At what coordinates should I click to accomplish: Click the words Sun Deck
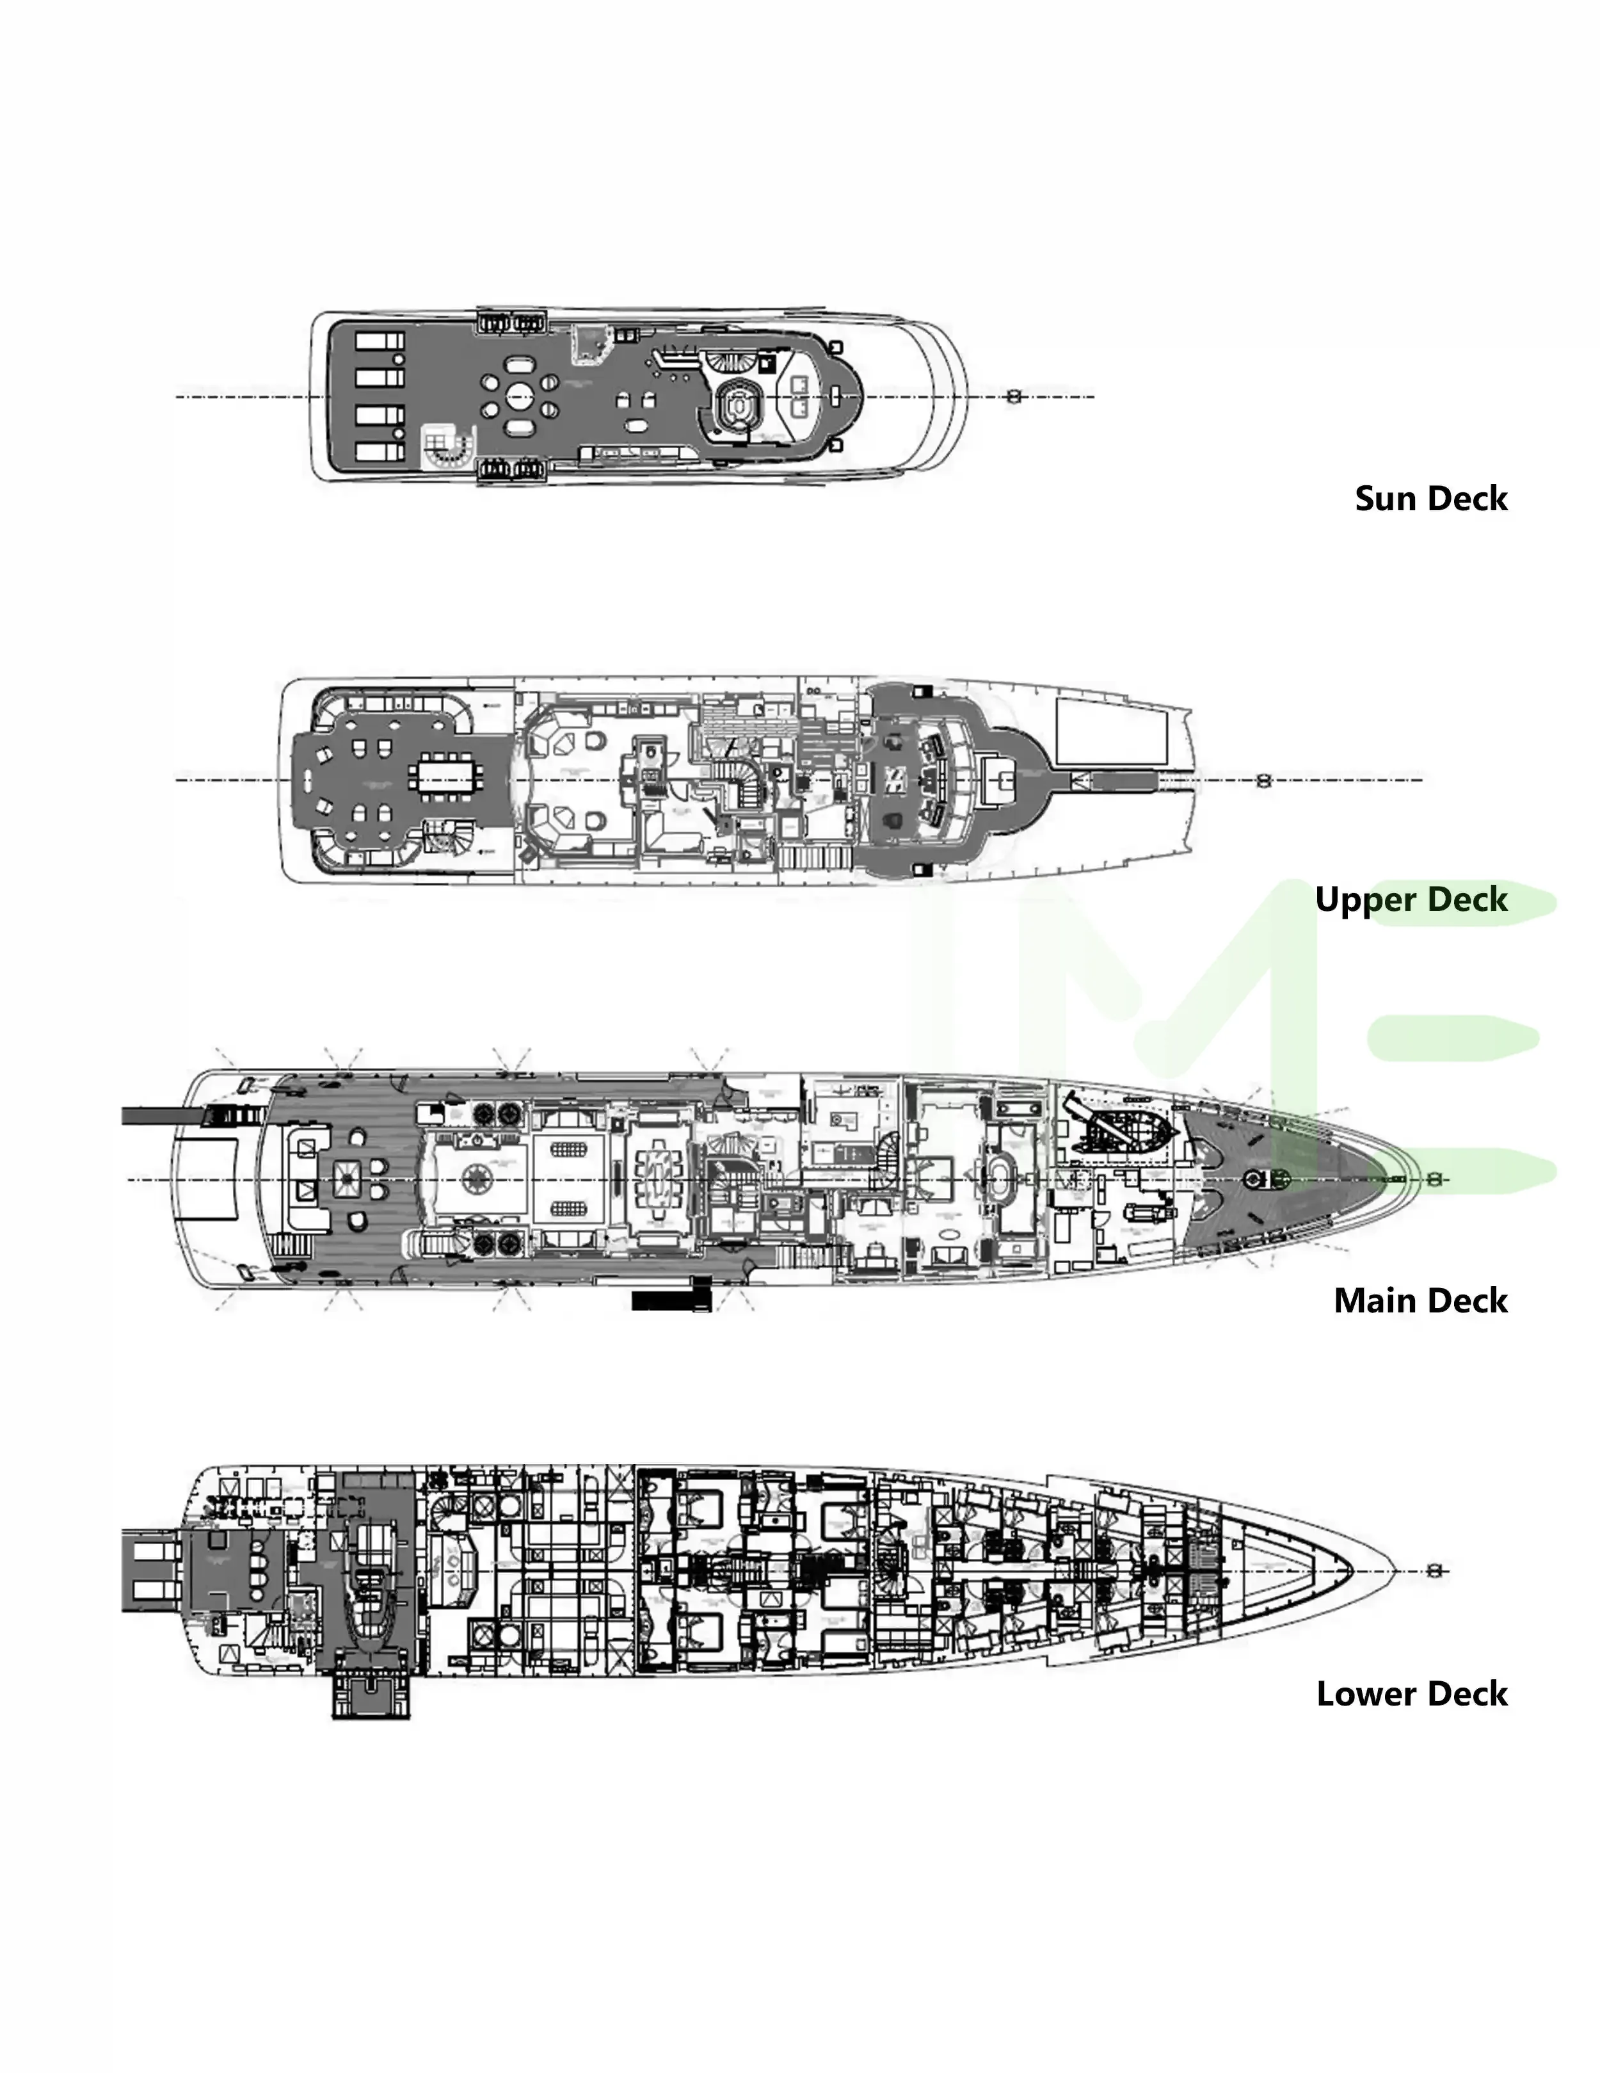1430,499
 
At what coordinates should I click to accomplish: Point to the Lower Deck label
1411,1694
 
